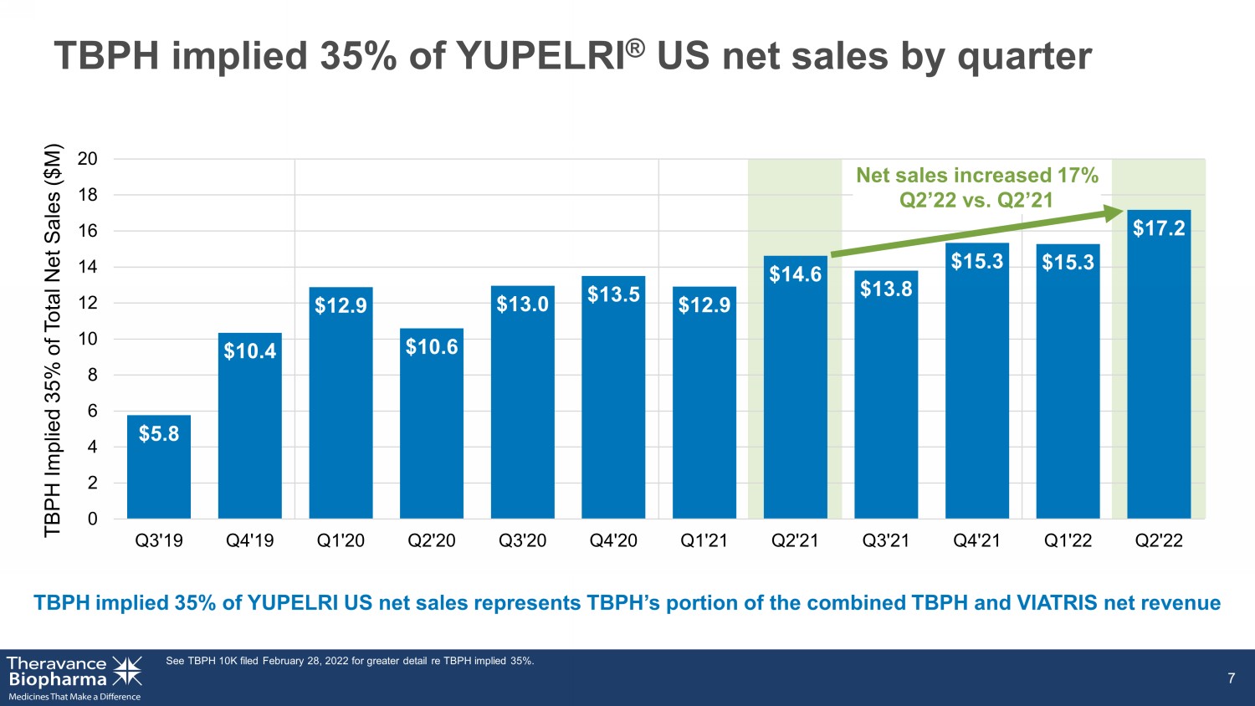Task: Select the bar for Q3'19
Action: pyautogui.click(x=159, y=467)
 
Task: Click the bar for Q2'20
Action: pyautogui.click(x=432, y=423)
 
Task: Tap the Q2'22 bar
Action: pyautogui.click(x=1159, y=364)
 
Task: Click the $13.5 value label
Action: pyautogui.click(x=613, y=294)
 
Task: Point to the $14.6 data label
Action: pyautogui.click(x=795, y=274)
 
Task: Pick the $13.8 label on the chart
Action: pyautogui.click(x=886, y=289)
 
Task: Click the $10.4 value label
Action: pyautogui.click(x=250, y=350)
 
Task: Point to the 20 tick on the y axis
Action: pyautogui.click(x=87, y=159)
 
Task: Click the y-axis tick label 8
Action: pyautogui.click(x=92, y=375)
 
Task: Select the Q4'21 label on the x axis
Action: pyautogui.click(x=976, y=540)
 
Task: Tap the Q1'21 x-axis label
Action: pyautogui.click(x=704, y=540)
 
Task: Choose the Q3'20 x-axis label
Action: pyautogui.click(x=522, y=540)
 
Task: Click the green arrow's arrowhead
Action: pyautogui.click(x=1114, y=213)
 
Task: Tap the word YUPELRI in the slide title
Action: pyautogui.click(x=540, y=56)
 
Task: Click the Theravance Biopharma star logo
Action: pyautogui.click(x=127, y=671)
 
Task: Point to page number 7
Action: pyautogui.click(x=1231, y=678)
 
